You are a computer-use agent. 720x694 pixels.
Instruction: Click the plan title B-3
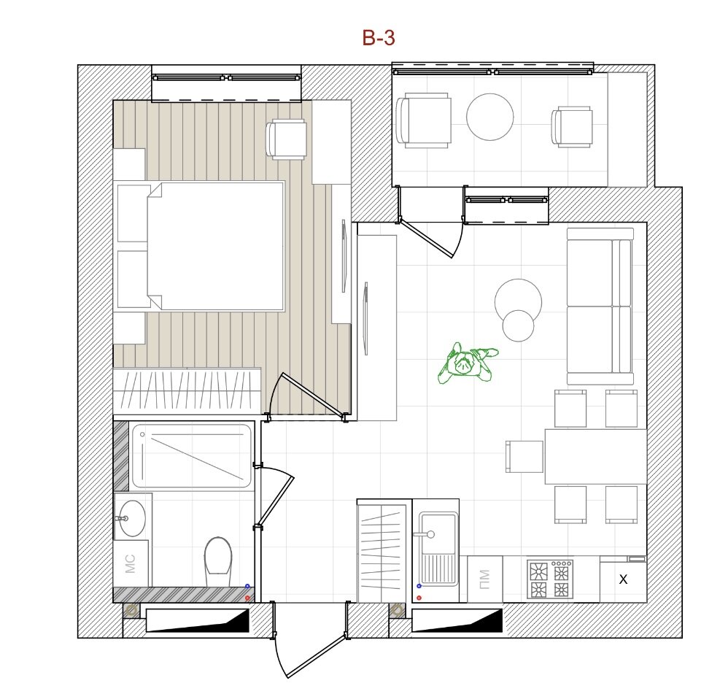click(379, 38)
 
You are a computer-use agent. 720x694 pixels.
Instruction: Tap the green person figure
click(467, 363)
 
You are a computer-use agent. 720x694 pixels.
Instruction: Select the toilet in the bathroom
click(218, 561)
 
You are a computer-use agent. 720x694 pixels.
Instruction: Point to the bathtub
click(192, 456)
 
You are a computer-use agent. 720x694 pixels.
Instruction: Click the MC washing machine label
click(131, 564)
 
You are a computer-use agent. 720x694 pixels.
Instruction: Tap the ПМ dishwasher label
click(484, 579)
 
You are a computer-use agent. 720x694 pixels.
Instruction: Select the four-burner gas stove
click(550, 579)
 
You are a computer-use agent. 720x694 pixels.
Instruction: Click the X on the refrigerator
click(623, 579)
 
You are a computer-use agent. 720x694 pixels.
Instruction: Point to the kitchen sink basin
click(439, 533)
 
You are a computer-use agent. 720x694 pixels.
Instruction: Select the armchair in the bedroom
click(287, 139)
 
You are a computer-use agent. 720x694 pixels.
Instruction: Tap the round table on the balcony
click(490, 117)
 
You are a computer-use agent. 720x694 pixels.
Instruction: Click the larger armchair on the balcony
click(423, 120)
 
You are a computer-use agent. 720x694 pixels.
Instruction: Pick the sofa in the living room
click(599, 306)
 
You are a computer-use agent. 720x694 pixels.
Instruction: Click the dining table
click(595, 456)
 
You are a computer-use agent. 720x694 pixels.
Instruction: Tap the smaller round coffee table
click(519, 325)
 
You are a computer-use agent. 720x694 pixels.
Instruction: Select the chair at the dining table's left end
click(524, 457)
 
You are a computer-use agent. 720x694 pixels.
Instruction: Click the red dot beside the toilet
click(247, 598)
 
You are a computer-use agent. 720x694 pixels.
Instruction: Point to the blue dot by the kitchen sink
click(419, 586)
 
